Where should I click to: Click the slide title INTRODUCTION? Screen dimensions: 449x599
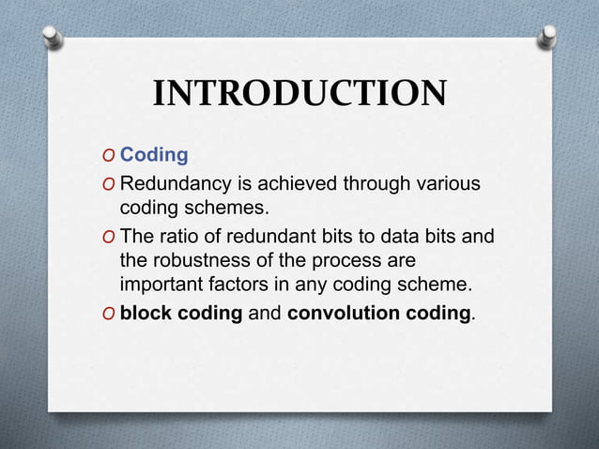click(299, 94)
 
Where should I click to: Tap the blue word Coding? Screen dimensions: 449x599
click(154, 154)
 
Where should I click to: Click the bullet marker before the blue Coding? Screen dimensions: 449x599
click(109, 155)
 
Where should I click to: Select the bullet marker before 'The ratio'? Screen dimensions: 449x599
click(109, 236)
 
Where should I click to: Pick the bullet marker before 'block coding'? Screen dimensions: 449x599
click(109, 314)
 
